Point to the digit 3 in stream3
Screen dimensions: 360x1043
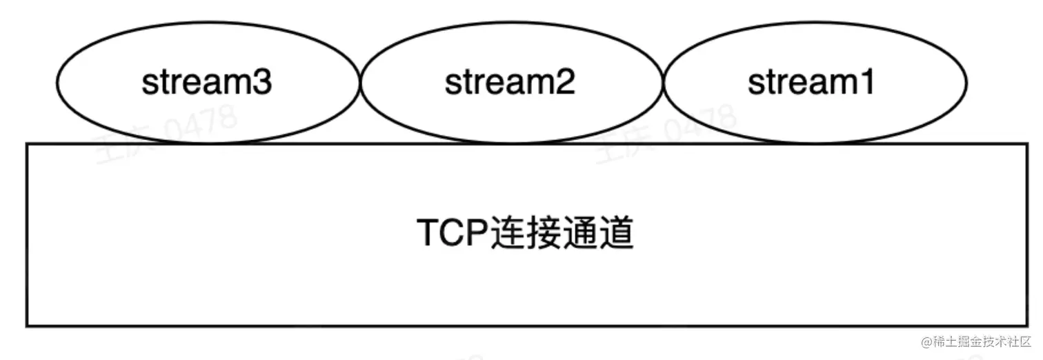[x=263, y=83]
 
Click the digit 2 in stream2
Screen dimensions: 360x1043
[x=566, y=83]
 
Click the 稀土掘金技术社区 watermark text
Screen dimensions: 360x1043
[x=982, y=341]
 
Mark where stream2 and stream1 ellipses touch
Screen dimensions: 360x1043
[x=663, y=84]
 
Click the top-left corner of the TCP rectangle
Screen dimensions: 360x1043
[x=27, y=144]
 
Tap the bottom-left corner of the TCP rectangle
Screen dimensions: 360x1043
[x=27, y=326]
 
